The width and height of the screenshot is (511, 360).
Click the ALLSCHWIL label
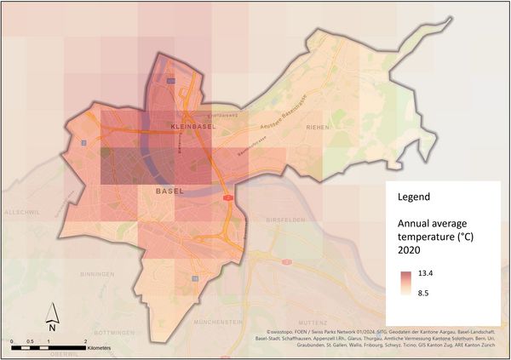pyautogui.click(x=17, y=209)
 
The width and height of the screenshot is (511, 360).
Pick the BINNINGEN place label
pyautogui.click(x=95, y=275)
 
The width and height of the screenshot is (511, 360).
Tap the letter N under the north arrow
pyautogui.click(x=52, y=327)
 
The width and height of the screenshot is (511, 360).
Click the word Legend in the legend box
pyautogui.click(x=413, y=197)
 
